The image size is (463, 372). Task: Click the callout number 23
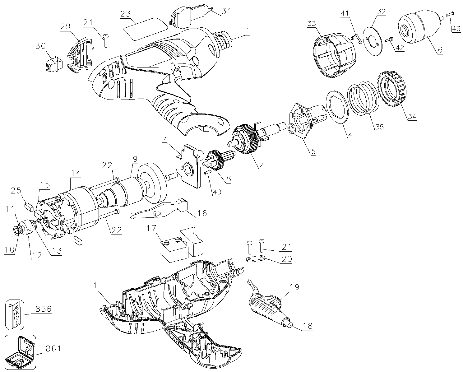tap(127, 14)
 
